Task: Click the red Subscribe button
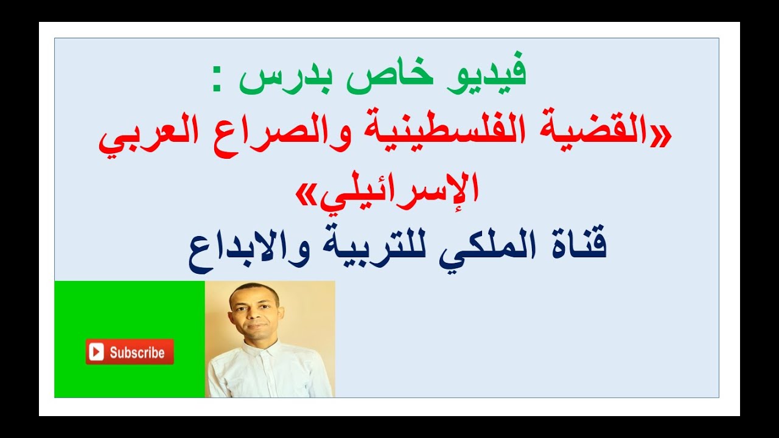coord(130,352)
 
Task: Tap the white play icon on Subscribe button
coord(96,352)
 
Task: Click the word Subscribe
coord(137,352)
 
